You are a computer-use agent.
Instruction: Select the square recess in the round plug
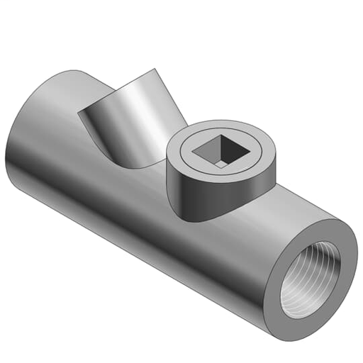219,150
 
